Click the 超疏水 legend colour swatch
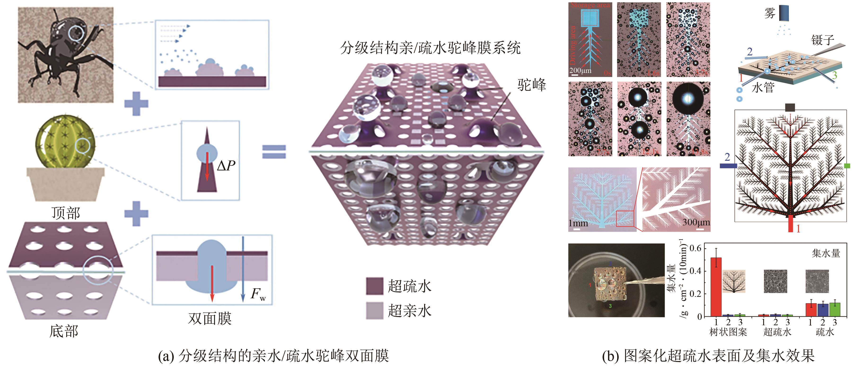[x=374, y=286]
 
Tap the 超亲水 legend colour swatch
[x=374, y=310]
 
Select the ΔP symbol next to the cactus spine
[x=226, y=165]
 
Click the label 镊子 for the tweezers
[x=823, y=40]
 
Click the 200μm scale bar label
[x=580, y=71]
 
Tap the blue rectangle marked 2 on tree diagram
[x=728, y=165]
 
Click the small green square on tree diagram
[x=847, y=165]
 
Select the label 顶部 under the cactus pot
[x=66, y=213]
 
